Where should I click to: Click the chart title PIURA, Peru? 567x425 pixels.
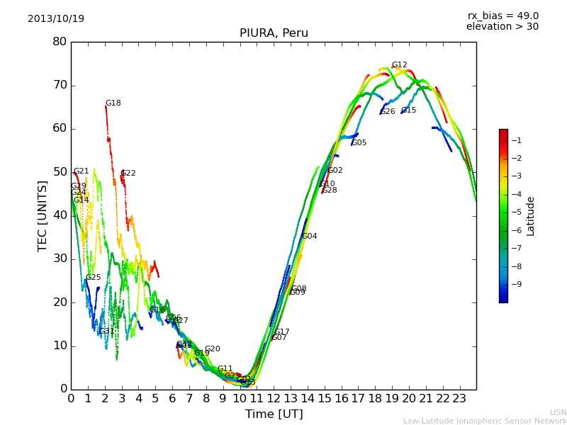274,33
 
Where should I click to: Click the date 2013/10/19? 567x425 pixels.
56,18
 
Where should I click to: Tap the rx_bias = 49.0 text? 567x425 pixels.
503,16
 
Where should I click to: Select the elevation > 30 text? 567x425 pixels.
502,27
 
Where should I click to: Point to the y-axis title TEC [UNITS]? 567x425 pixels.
43,215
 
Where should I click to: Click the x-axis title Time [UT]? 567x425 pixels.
274,414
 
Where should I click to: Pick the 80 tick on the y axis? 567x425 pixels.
60,42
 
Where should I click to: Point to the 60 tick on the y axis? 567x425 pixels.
60,128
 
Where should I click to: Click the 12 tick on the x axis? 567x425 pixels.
274,399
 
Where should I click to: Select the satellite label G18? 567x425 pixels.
113,103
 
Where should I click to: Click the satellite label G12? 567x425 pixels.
400,65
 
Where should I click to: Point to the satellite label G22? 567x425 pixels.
128,174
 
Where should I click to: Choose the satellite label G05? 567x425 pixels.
359,143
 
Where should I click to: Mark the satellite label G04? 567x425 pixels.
310,237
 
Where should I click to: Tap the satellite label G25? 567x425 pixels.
94,278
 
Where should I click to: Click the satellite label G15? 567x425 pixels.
409,110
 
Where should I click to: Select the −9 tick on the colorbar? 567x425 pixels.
518,285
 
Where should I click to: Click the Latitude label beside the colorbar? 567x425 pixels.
530,216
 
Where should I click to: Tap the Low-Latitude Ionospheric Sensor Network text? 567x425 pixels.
485,421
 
